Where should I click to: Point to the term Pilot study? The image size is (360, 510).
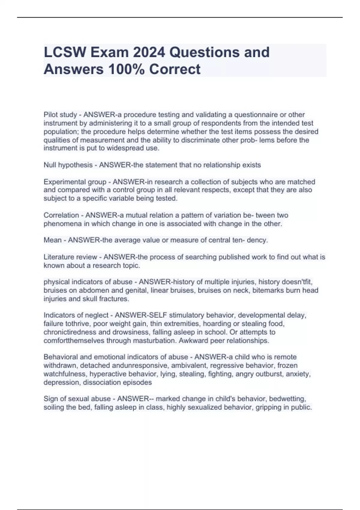click(x=60, y=115)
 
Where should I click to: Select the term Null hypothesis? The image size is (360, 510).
click(x=68, y=165)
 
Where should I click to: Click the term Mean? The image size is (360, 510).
click(x=52, y=240)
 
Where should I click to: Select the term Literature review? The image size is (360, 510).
click(x=70, y=257)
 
